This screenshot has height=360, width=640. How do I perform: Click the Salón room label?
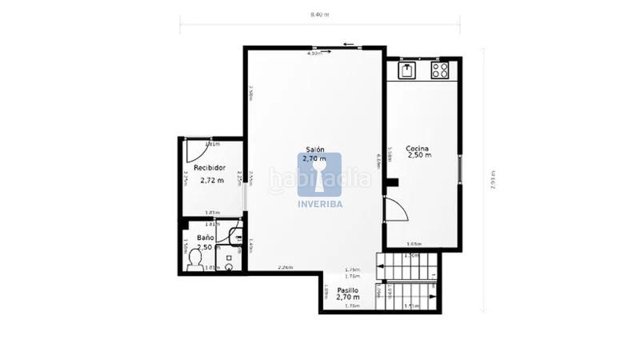pos(314,149)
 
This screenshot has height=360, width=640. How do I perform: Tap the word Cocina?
pos(418,148)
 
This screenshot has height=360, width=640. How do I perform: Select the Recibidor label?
pos(210,168)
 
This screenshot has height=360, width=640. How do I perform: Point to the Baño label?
pos(206,238)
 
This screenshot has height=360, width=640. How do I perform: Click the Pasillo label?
pos(347,290)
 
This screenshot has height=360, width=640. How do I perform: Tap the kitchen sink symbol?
pos(406,70)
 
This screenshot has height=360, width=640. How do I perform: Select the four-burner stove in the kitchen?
pos(440,70)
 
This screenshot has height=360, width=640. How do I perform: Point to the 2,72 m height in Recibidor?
pos(211,181)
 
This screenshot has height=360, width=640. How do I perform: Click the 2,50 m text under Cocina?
pos(419,156)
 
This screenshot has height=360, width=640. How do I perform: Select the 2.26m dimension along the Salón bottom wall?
pos(286,267)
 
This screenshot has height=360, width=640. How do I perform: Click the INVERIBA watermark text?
pos(320,202)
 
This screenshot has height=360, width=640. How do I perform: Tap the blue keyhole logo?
pos(320,174)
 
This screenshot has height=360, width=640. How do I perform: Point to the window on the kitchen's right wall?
pos(461,168)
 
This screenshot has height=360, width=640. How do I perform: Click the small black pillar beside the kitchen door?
pos(392,182)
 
